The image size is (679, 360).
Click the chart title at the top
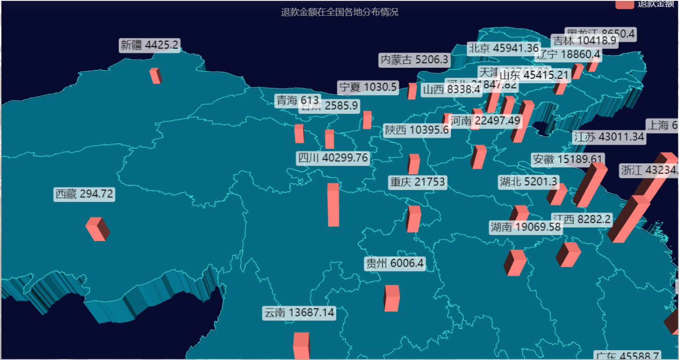339,12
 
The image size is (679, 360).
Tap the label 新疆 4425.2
149,45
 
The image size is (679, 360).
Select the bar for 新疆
155,76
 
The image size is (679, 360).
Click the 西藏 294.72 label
84,194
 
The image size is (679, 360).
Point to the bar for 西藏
97,229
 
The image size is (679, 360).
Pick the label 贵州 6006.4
395,264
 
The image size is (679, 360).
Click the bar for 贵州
391,298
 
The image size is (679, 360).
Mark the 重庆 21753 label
418,182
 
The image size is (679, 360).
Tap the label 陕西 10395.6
417,131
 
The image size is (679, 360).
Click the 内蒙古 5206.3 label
414,60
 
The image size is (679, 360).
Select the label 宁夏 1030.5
368,87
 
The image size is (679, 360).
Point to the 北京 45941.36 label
504,48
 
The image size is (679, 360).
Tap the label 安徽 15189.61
568,160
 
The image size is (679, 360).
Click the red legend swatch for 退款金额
624,4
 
